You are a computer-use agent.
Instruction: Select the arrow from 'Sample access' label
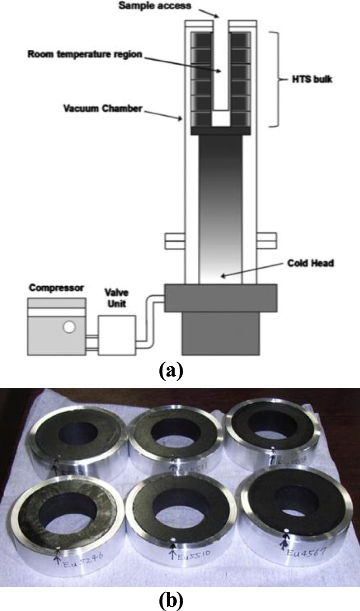point(210,13)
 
